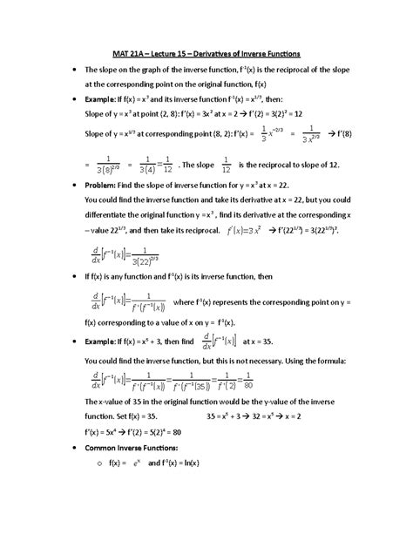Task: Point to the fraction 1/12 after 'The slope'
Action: point(225,165)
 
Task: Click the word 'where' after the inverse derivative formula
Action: point(187,302)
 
